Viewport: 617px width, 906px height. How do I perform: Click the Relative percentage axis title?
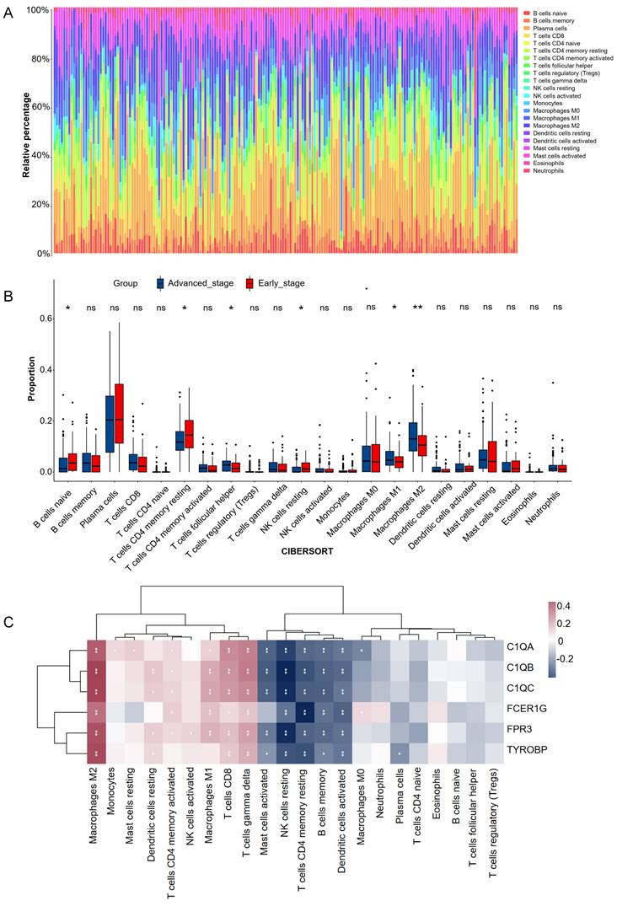pyautogui.click(x=27, y=131)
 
